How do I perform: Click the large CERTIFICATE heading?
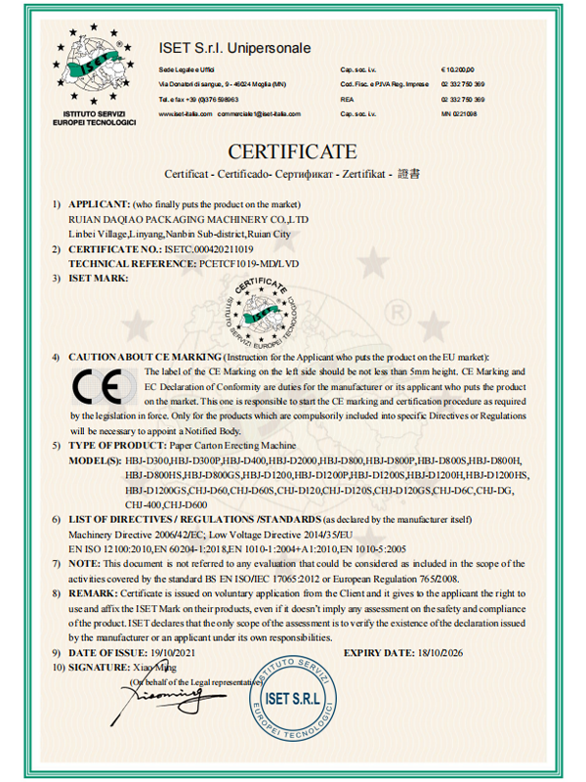click(x=293, y=152)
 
